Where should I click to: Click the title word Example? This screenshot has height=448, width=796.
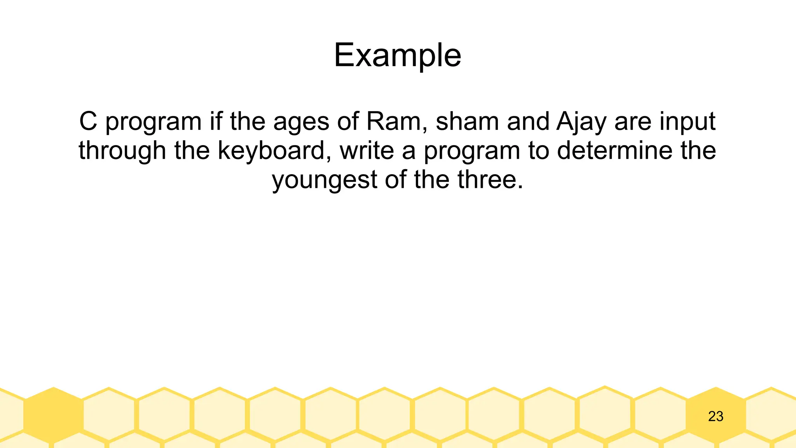tap(397, 55)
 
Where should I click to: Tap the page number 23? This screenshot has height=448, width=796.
tap(716, 416)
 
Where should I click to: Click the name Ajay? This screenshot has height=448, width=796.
tap(581, 122)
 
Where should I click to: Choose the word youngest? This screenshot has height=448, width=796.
tap(325, 180)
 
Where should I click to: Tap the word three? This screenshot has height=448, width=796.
tap(490, 180)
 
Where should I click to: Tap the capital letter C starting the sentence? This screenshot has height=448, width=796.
tap(88, 121)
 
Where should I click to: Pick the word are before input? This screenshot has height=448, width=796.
tap(633, 122)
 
